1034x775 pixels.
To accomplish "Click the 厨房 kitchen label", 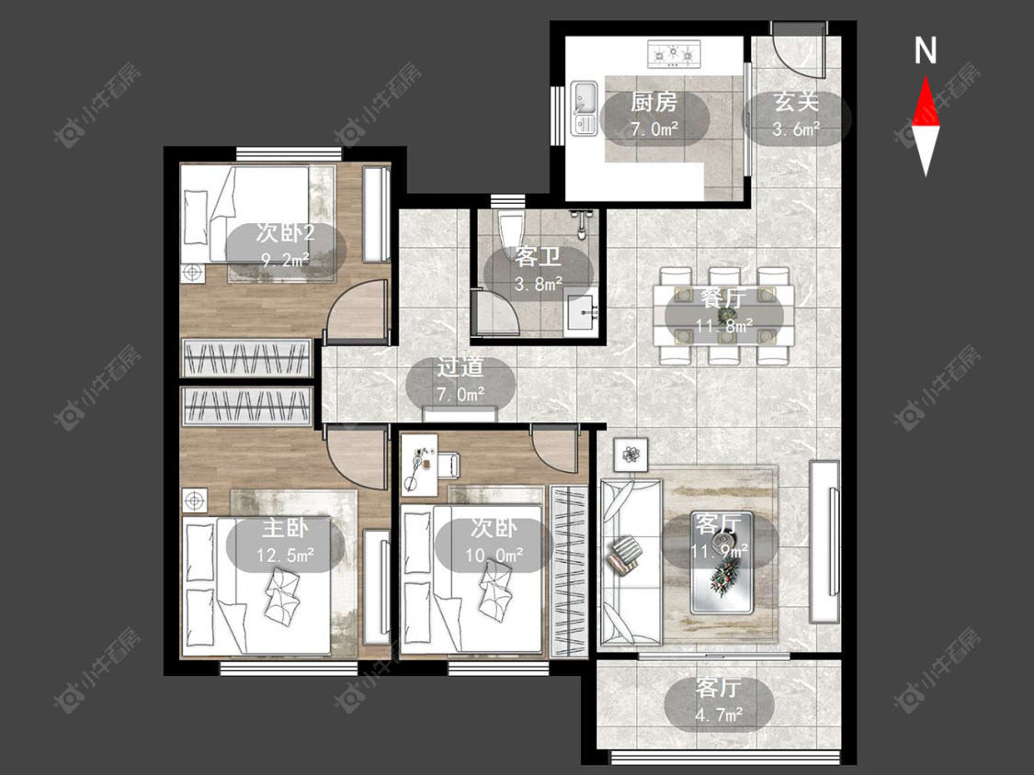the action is tap(653, 102).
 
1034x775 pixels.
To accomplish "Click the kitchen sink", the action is tap(584, 108).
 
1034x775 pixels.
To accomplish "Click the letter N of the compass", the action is tap(926, 51).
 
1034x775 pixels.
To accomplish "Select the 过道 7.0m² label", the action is tap(460, 380).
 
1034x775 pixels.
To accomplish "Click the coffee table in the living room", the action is tap(722, 562).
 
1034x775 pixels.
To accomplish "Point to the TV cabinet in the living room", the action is tap(824, 541).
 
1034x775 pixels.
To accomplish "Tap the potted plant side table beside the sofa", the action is tap(631, 454).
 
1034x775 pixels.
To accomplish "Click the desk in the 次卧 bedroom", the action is tap(419, 465).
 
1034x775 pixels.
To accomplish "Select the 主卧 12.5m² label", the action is tap(285, 541).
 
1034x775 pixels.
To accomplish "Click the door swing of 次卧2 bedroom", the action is tap(357, 309).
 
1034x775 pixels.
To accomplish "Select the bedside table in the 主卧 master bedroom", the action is tap(195, 501).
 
